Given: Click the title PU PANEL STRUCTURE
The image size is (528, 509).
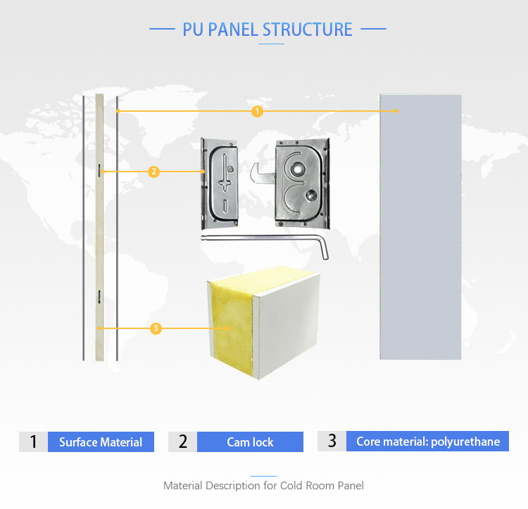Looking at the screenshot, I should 268,30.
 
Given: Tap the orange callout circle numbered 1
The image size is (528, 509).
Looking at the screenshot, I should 257,111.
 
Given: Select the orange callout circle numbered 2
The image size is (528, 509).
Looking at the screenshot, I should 153,172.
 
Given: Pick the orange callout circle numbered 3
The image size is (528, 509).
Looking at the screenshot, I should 156,328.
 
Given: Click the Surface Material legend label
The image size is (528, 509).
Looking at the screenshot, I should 101,442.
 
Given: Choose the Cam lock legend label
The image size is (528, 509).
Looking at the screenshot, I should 250,442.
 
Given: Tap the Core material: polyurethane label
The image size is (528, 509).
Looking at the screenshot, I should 428,442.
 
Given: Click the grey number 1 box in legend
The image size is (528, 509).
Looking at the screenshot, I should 33,442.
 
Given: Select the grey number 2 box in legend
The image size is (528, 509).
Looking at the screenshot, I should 183,442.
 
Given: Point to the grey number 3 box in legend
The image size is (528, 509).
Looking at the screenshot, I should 332,442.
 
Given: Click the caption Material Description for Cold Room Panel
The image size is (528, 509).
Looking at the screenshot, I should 263,485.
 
